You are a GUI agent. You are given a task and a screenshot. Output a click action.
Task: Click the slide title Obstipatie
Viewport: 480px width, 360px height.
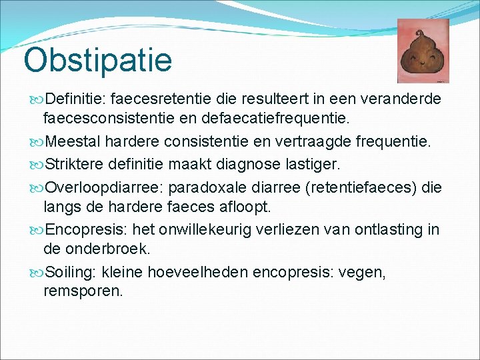97,59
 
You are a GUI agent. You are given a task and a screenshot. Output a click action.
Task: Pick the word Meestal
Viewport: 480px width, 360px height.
71,141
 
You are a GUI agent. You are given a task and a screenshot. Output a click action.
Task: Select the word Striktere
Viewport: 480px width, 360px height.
74,162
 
